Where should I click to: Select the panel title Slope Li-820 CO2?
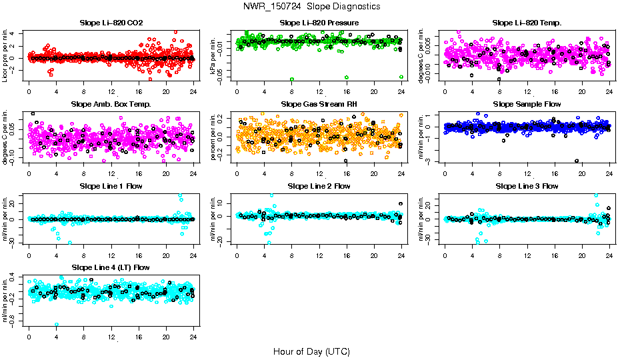[x=111, y=23]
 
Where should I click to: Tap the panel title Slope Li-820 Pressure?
[x=319, y=23]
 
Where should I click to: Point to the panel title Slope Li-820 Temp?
[x=527, y=23]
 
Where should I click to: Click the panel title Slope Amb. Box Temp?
[x=111, y=105]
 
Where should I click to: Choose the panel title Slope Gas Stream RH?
[x=319, y=105]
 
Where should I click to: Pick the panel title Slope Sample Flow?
[x=527, y=105]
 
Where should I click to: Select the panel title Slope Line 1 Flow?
[x=111, y=187]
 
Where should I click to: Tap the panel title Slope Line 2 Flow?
[x=319, y=187]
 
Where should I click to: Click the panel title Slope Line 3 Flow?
[x=527, y=187]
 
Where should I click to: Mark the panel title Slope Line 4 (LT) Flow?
[x=111, y=269]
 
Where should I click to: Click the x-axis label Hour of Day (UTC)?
[x=311, y=351]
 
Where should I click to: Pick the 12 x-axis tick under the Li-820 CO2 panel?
[x=111, y=91]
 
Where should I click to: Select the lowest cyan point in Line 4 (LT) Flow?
[x=57, y=325]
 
